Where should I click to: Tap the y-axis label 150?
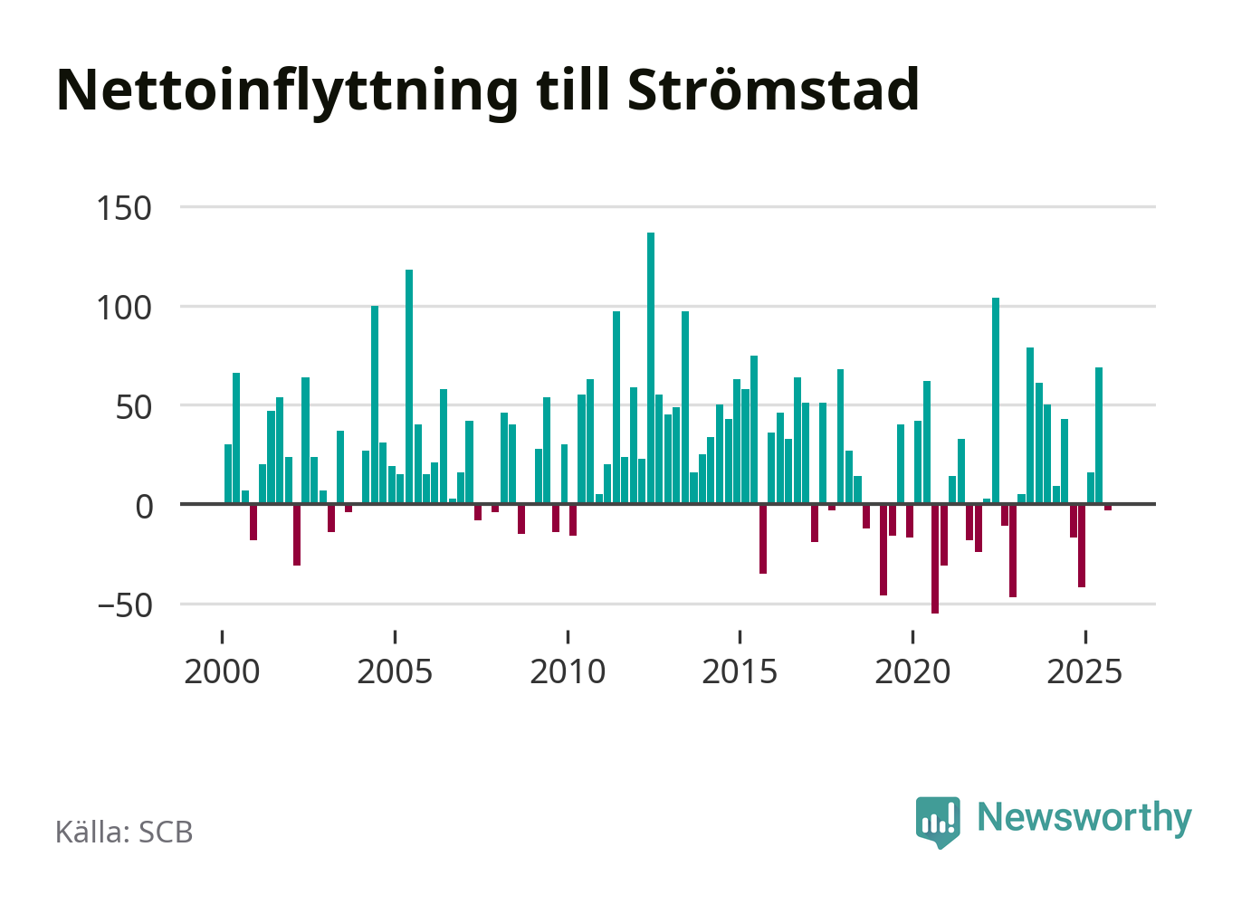tap(124, 208)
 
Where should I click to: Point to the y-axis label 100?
tap(124, 308)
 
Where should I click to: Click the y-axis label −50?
tap(124, 605)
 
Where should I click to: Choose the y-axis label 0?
tap(144, 506)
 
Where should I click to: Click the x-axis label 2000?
tap(222, 672)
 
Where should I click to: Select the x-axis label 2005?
tap(395, 672)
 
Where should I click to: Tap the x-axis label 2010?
tap(568, 672)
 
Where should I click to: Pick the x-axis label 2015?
tap(740, 672)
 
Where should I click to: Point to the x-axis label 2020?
tap(912, 672)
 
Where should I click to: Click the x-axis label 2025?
tap(1084, 672)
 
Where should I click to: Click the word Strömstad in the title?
tap(772, 90)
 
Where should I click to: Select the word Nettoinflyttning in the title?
tap(287, 91)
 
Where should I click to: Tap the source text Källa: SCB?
tap(124, 832)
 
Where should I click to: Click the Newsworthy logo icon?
tap(938, 821)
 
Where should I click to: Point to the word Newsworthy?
tap(1084, 817)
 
